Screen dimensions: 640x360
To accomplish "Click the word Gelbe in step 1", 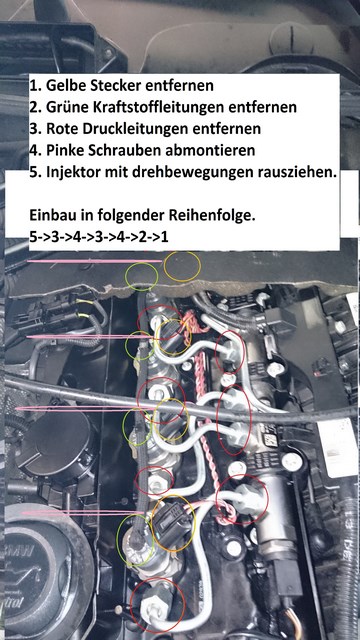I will [x=67, y=87].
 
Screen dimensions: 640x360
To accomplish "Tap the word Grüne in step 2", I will [x=67, y=108].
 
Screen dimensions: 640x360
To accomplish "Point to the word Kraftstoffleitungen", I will [x=171, y=108].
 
